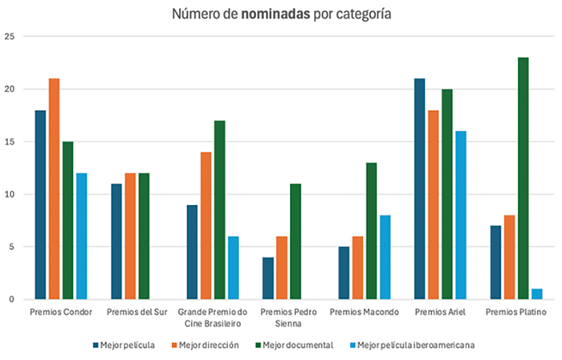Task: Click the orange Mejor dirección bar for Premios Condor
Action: coord(54,189)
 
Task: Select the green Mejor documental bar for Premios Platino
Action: coord(523,178)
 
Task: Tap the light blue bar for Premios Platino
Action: coord(537,294)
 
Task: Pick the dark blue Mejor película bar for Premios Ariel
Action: coord(419,189)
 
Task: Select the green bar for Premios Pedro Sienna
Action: coord(295,241)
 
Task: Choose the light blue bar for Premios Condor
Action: coord(82,236)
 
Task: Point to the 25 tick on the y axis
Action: coord(10,37)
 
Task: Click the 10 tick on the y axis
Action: coord(10,194)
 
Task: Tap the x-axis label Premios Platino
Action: coord(516,312)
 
